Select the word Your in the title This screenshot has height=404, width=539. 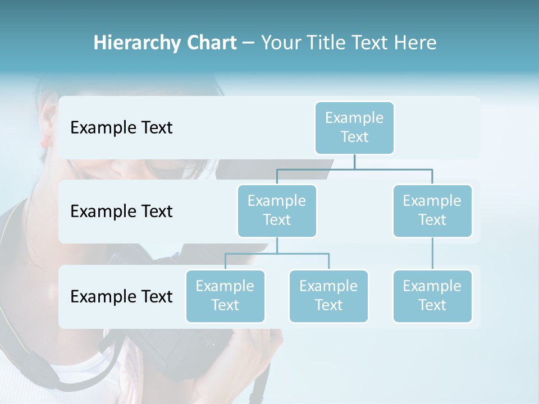(281, 43)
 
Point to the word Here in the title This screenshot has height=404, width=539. (415, 43)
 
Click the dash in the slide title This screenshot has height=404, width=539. (248, 43)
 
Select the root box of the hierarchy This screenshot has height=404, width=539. (354, 128)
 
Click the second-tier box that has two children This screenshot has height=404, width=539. (277, 211)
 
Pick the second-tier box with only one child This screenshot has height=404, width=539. (432, 211)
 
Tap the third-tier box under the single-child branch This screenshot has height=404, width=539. (432, 296)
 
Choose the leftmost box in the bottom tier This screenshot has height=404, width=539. (225, 296)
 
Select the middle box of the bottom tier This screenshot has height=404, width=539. (328, 296)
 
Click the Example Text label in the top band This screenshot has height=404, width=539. (121, 128)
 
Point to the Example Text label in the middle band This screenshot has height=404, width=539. (121, 212)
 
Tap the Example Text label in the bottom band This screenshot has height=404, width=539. (121, 296)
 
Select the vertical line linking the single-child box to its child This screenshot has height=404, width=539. (432, 254)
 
